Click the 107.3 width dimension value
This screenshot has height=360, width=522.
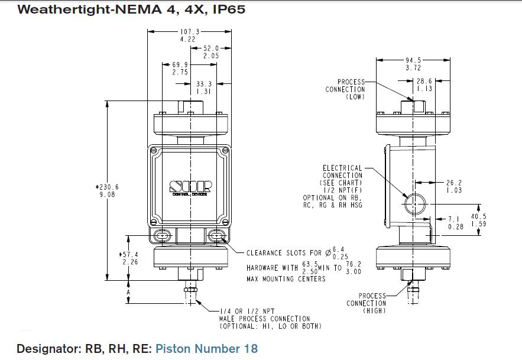(190, 32)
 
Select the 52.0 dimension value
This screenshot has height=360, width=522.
(211, 48)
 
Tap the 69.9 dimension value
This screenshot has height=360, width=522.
(180, 64)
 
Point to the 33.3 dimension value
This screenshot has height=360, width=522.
(204, 84)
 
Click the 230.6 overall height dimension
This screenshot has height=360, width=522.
(107, 187)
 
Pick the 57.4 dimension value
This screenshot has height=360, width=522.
(128, 254)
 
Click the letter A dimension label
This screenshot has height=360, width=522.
(128, 292)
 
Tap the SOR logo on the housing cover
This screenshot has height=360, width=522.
(190, 188)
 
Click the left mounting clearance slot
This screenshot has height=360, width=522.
(162, 236)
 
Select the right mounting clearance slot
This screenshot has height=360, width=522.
(217, 236)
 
